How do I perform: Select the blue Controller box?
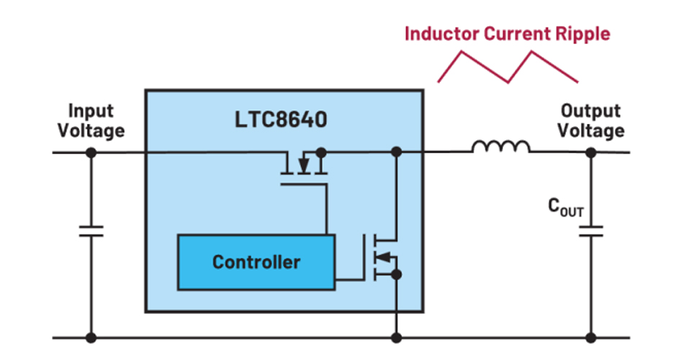pos(256,262)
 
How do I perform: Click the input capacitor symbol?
pos(91,231)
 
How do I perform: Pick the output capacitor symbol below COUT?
pos(591,231)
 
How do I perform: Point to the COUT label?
pos(566,210)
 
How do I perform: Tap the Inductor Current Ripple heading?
pos(507,33)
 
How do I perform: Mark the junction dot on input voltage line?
pos(91,152)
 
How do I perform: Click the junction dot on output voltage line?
pos(591,152)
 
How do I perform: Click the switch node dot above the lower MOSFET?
pos(395,152)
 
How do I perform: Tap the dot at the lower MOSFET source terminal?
pos(395,274)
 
